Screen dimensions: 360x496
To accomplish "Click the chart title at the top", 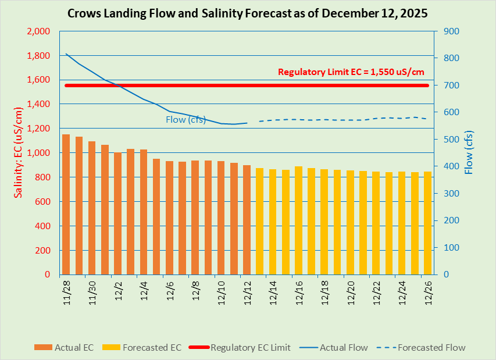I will point(248,13).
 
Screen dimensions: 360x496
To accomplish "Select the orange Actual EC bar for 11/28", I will point(66,204).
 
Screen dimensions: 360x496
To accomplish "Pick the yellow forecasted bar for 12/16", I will point(298,220).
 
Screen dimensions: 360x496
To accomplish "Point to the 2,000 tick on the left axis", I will point(39,31).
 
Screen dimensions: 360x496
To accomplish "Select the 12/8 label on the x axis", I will point(196,289).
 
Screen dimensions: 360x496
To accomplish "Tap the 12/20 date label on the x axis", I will point(351,289).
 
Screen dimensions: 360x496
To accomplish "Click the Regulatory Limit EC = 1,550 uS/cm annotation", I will point(351,72).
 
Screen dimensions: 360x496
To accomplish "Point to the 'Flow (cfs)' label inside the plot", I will point(185,120).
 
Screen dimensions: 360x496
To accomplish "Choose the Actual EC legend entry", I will point(65,348).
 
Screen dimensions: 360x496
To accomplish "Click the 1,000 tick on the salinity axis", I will point(39,153).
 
